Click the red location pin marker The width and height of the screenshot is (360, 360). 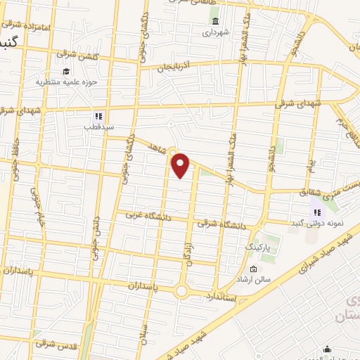tap(181, 164)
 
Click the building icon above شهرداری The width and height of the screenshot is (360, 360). tap(214, 20)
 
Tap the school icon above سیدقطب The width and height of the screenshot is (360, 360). tap(98, 117)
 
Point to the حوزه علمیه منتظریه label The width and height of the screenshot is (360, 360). tap(64, 82)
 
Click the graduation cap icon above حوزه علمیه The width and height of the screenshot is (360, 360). tap(65, 71)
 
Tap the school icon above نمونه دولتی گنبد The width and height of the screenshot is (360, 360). tap(316, 212)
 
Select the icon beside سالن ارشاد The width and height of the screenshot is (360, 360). tap(254, 269)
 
